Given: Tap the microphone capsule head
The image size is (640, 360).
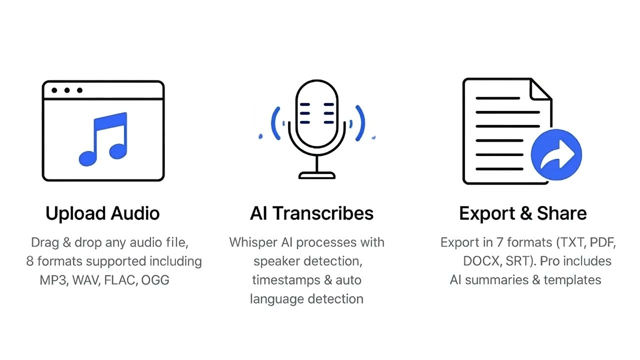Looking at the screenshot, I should click(316, 112).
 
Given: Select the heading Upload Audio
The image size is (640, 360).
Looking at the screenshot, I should click(102, 213).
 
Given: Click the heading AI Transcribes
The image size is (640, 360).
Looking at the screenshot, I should click(311, 213).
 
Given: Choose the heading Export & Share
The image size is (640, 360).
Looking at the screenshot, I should click(522, 213).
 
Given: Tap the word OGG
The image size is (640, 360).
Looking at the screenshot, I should click(155, 280).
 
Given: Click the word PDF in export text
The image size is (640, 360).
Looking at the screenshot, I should click(602, 242).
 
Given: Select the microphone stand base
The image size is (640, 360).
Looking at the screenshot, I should click(316, 175).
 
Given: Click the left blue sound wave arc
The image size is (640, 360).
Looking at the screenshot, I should click(275, 123).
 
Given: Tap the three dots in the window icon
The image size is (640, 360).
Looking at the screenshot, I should click(66, 90).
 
